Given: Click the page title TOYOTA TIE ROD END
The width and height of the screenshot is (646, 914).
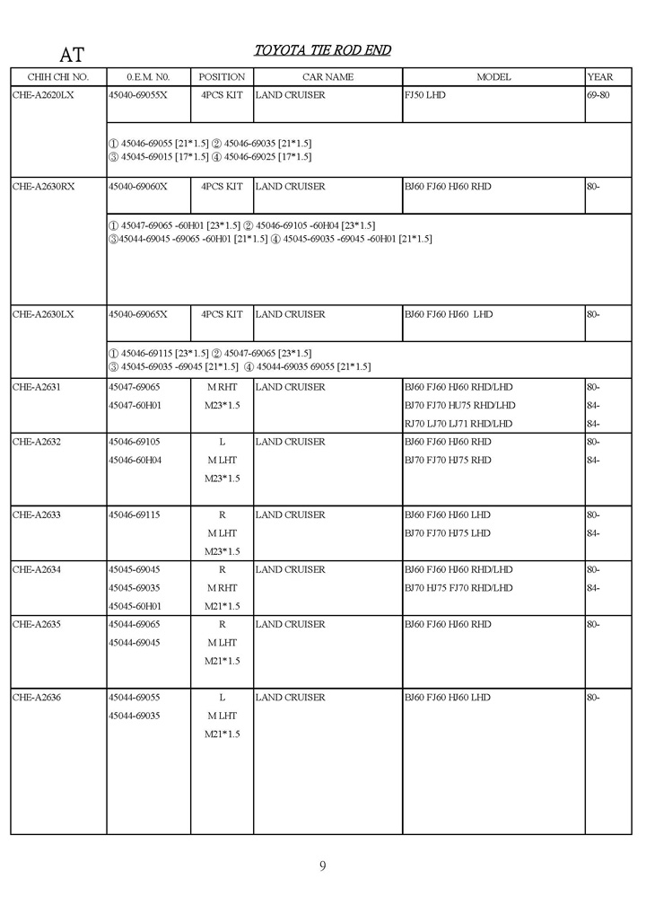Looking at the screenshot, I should coord(322,50).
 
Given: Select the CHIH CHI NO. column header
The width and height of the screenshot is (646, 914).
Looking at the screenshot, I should coord(58,77).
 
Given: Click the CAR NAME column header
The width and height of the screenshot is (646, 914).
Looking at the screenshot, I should coord(327,77).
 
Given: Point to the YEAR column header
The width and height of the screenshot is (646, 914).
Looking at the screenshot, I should coord(599,77).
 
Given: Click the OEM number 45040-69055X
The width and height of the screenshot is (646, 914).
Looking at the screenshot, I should coord(137,94).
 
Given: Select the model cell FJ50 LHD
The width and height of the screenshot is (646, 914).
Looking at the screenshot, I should coord(424,94).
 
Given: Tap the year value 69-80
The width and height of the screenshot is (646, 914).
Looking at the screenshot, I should coord(598,94).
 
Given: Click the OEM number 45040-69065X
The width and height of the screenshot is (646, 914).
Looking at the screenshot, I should coord(137,314).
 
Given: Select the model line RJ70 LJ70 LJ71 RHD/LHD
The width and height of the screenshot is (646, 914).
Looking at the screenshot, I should coord(458,424).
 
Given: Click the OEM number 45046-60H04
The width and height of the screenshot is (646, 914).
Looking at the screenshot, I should coord(135,460).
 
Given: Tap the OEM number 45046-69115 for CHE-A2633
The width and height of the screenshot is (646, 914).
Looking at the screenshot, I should coord(134,515).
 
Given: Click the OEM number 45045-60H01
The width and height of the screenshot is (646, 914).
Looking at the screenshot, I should coord(135,606).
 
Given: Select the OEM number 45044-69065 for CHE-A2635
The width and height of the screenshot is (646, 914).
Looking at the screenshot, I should coord(134,624).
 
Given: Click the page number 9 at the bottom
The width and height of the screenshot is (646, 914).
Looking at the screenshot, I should coord(322,866).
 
